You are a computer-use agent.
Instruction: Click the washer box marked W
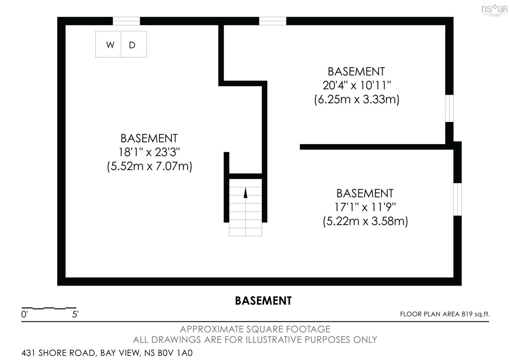(108, 44)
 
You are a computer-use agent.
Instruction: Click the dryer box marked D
(134, 44)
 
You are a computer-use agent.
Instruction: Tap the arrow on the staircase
(246, 193)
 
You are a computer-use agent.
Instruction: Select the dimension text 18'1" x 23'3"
(149, 152)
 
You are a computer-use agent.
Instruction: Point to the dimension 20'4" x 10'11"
(357, 85)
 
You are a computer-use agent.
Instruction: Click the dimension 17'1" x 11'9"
(365, 207)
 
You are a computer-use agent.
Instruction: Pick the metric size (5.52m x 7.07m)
(150, 166)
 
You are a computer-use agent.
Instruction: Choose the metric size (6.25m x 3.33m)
(357, 99)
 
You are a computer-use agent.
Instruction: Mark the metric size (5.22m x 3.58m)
(365, 221)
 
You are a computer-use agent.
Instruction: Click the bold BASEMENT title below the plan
(263, 301)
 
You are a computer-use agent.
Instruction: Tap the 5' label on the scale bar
(75, 315)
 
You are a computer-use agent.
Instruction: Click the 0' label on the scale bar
(24, 315)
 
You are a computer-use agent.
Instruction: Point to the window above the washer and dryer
(126, 21)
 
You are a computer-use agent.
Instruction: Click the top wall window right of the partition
(272, 21)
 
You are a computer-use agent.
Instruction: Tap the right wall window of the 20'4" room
(449, 108)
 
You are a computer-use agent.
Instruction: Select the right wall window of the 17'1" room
(457, 199)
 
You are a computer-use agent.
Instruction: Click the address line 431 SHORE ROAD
(107, 353)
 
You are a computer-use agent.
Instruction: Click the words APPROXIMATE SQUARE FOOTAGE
(255, 329)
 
